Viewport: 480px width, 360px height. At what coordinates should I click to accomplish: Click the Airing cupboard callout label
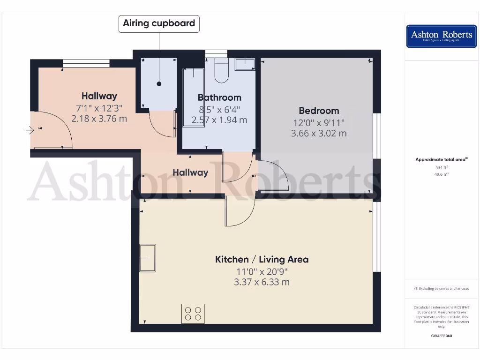[x=159, y=23]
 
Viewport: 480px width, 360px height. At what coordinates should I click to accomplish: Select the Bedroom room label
[x=319, y=111]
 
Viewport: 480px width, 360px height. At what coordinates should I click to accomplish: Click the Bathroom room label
[x=219, y=97]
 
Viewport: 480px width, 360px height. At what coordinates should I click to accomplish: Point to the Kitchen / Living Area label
[x=262, y=259]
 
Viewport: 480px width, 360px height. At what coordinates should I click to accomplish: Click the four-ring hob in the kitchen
[x=193, y=314]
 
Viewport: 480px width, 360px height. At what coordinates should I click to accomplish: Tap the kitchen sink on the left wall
[x=148, y=257]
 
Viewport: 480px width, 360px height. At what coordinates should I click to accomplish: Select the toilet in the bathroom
[x=221, y=70]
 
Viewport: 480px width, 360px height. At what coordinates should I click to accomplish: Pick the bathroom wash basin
[x=245, y=64]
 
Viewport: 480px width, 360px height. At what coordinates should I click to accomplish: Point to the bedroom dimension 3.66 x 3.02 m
[x=319, y=133]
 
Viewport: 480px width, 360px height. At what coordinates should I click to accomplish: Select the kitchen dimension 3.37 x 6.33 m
[x=262, y=282]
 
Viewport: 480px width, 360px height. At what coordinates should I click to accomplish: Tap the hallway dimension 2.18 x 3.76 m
[x=99, y=119]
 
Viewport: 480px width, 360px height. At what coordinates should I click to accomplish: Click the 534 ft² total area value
[x=441, y=167]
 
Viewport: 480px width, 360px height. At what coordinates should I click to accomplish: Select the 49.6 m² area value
[x=441, y=174]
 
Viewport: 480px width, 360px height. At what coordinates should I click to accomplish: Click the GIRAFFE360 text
[x=441, y=336]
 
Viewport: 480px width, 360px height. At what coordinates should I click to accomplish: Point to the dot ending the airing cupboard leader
[x=159, y=84]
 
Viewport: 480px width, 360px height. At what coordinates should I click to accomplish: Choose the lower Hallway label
[x=190, y=172]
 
